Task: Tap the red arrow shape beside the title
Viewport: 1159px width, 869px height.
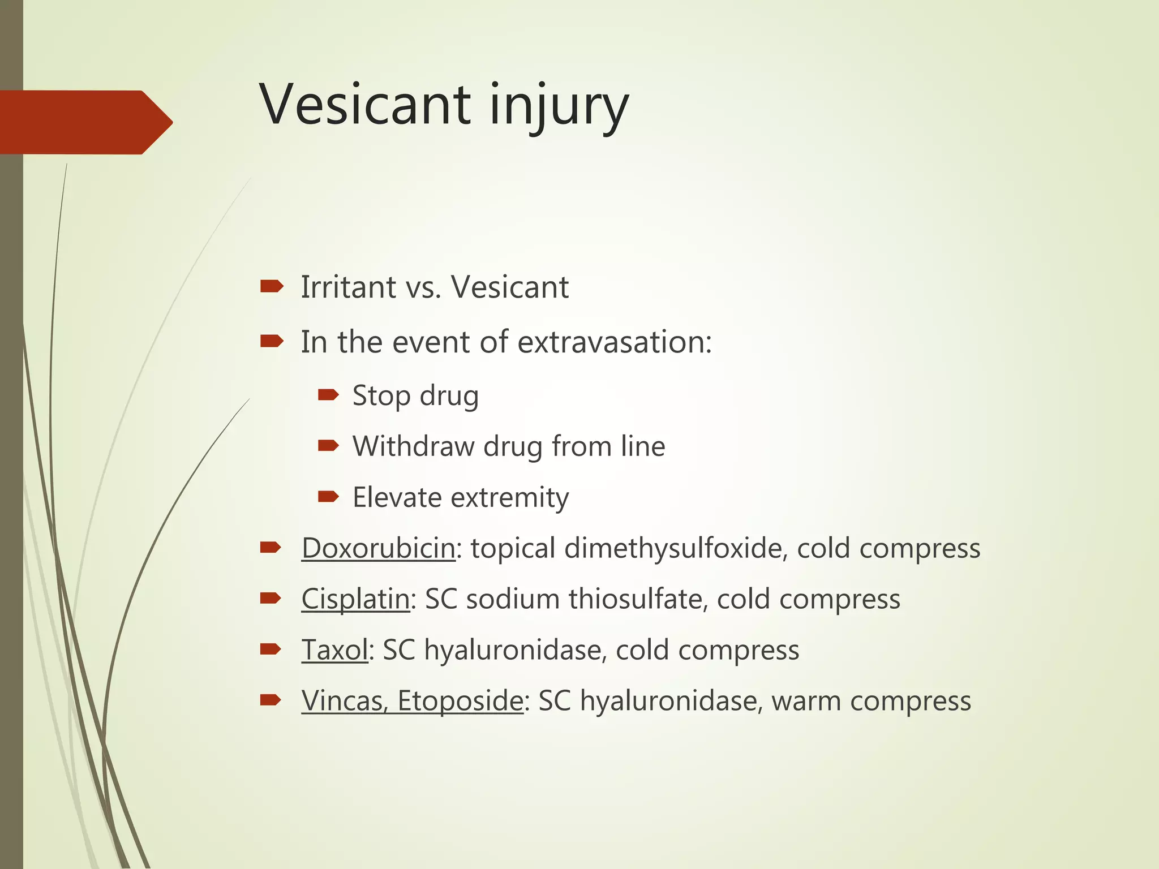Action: (x=85, y=122)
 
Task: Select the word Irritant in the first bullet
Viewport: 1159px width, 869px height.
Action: (x=348, y=287)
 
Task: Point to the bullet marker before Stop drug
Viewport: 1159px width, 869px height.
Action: (x=328, y=394)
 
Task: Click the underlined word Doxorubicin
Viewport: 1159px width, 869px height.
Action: (x=378, y=548)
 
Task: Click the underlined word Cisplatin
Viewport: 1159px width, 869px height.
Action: (x=355, y=599)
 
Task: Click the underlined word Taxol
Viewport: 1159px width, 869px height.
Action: (x=334, y=650)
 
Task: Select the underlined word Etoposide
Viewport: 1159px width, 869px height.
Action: (x=460, y=701)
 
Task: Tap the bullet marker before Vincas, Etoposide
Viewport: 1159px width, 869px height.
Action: (x=270, y=700)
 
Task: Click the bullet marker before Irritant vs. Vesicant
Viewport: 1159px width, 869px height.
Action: (x=271, y=287)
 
